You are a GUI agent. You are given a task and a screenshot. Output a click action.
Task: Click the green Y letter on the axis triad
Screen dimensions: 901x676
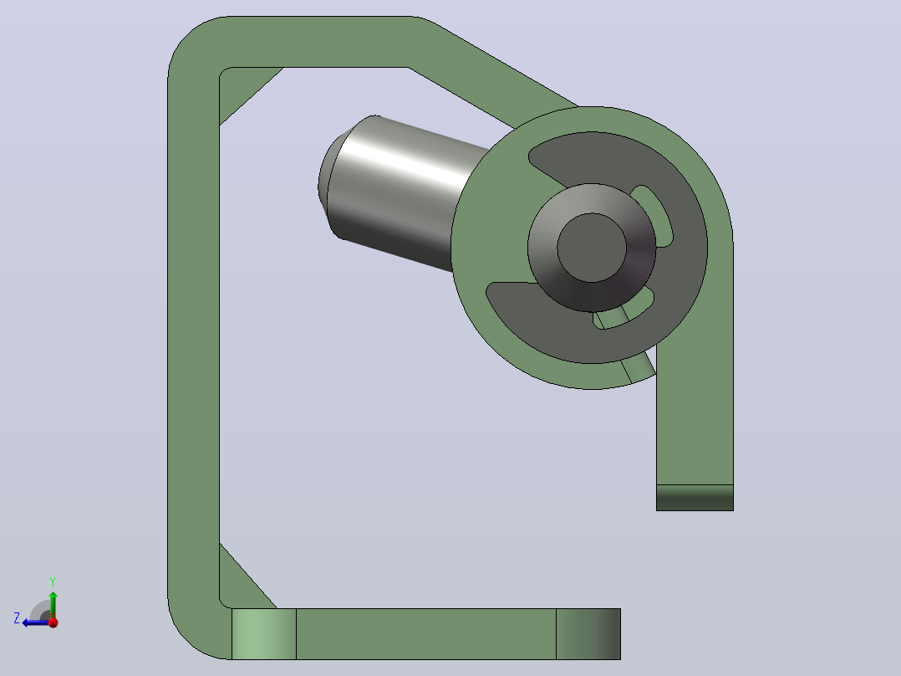pyautogui.click(x=53, y=581)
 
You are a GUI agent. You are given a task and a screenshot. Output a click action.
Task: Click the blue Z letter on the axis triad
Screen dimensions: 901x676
pyautogui.click(x=17, y=618)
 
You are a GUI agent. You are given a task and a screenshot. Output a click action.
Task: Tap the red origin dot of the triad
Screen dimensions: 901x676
pyautogui.click(x=53, y=622)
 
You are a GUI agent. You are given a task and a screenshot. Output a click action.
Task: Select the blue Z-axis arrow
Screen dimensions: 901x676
pyautogui.click(x=36, y=622)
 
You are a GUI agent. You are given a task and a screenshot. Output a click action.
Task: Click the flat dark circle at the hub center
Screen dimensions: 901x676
pyautogui.click(x=591, y=248)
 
